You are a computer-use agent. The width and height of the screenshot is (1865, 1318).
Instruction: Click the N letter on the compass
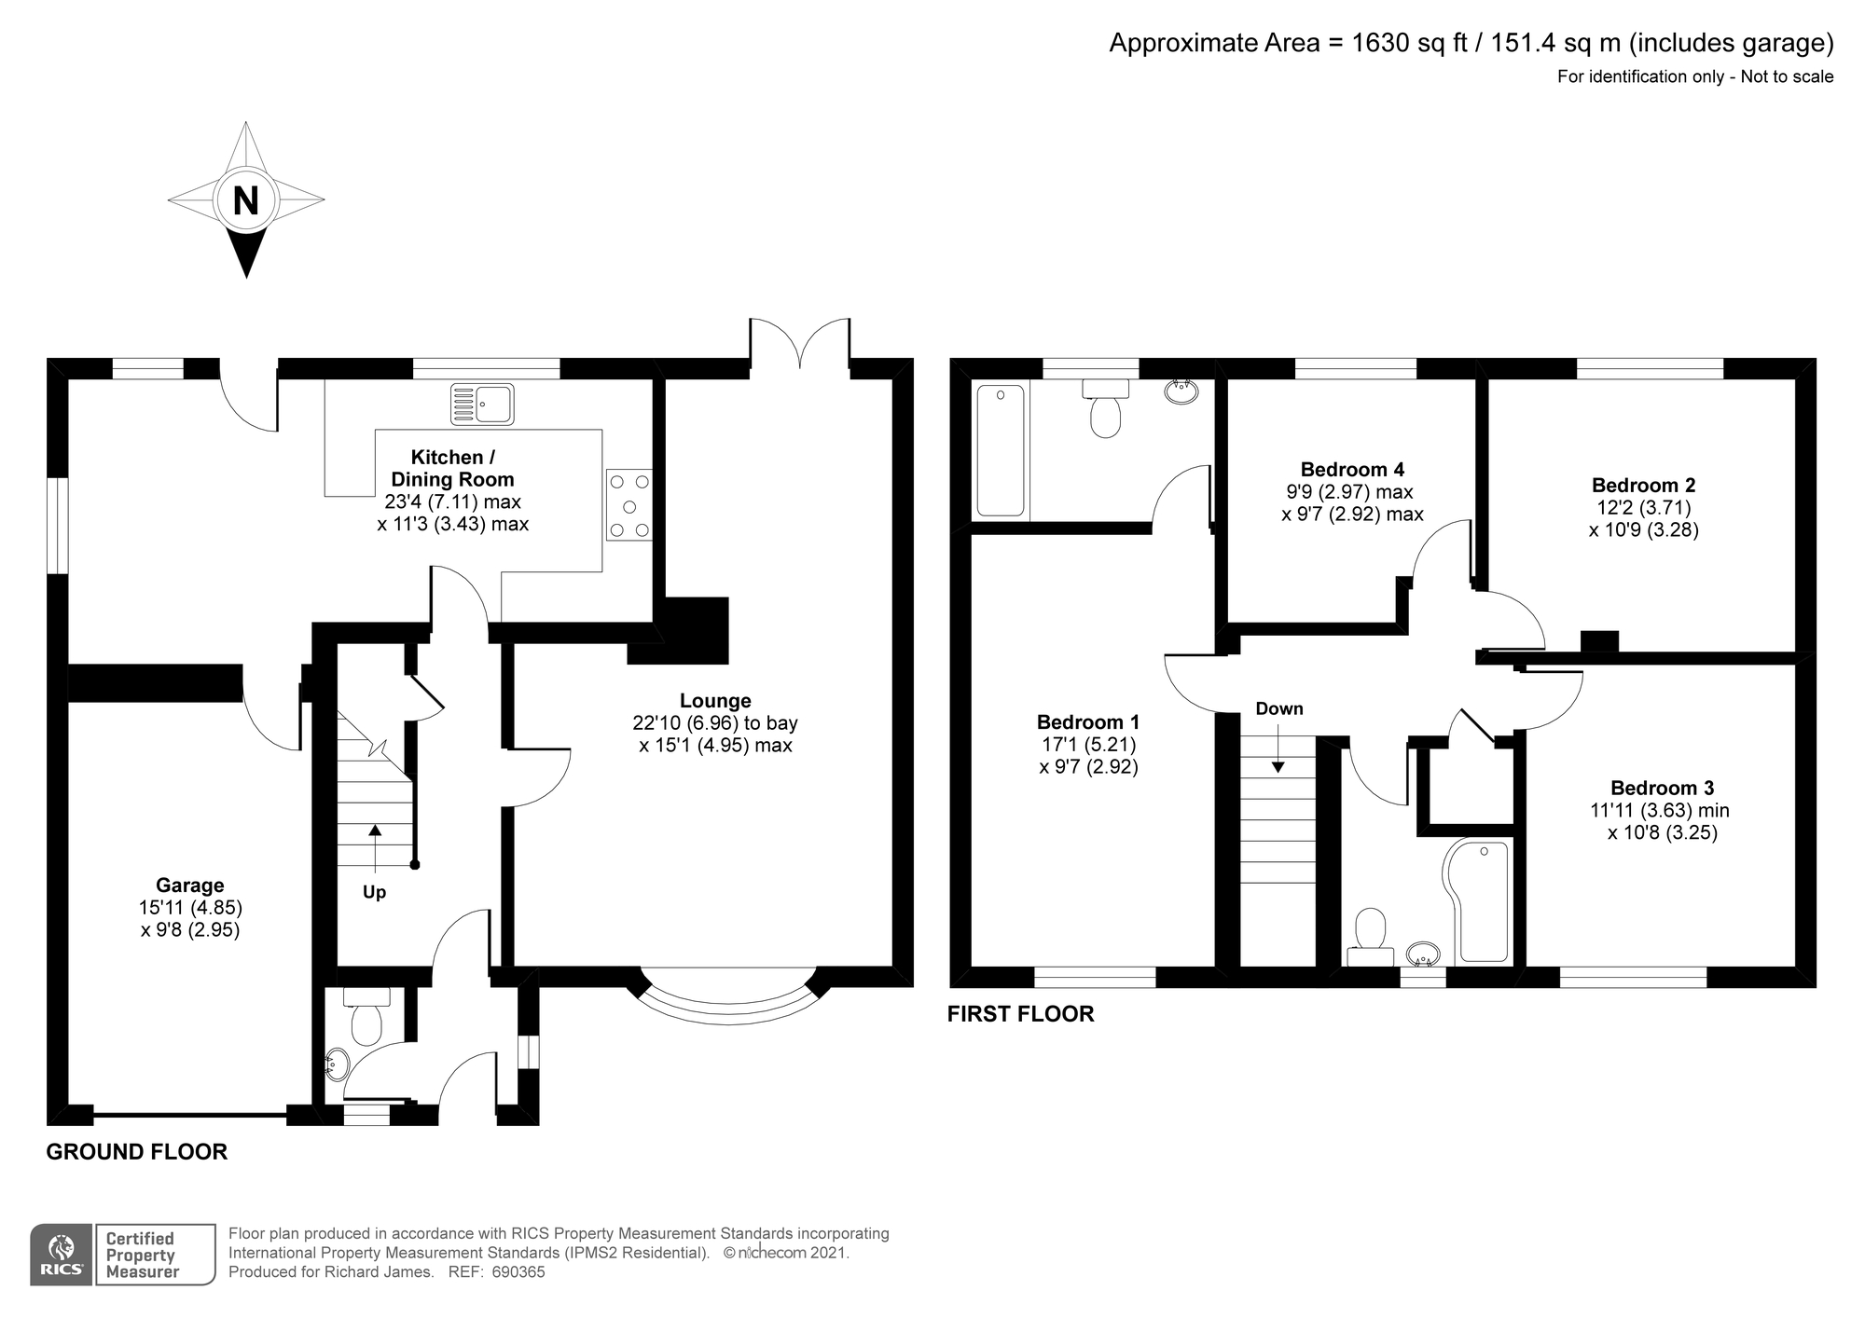[x=245, y=200]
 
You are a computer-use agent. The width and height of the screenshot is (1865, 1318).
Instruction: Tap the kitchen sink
[x=481, y=404]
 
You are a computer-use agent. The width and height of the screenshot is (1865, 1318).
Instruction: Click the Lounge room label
[x=715, y=701]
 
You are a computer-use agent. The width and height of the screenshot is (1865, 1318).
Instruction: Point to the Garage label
[x=190, y=886]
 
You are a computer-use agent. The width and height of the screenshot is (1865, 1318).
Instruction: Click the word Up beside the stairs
[x=374, y=893]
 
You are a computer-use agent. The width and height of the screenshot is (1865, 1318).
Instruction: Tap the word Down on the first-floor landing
[x=1279, y=708]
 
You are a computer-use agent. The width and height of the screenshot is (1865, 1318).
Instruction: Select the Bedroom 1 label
[x=1088, y=722]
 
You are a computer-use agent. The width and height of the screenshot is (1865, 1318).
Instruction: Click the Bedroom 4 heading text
[x=1352, y=470]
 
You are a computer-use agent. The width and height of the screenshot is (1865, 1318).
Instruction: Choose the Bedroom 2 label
[x=1643, y=486]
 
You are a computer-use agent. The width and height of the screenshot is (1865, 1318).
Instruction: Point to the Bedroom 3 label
[x=1662, y=789]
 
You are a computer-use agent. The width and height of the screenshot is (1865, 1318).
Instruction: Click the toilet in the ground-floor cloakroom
[x=366, y=1016]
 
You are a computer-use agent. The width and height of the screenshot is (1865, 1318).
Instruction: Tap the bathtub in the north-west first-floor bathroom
[x=1001, y=450]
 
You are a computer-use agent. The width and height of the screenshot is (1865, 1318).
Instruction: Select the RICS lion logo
[x=62, y=1255]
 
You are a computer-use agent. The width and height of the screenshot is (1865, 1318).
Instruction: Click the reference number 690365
[x=518, y=1272]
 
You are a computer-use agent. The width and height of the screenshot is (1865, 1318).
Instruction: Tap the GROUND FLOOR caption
[x=137, y=1152]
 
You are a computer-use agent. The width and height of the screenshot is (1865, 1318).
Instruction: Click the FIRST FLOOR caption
[x=1021, y=1014]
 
